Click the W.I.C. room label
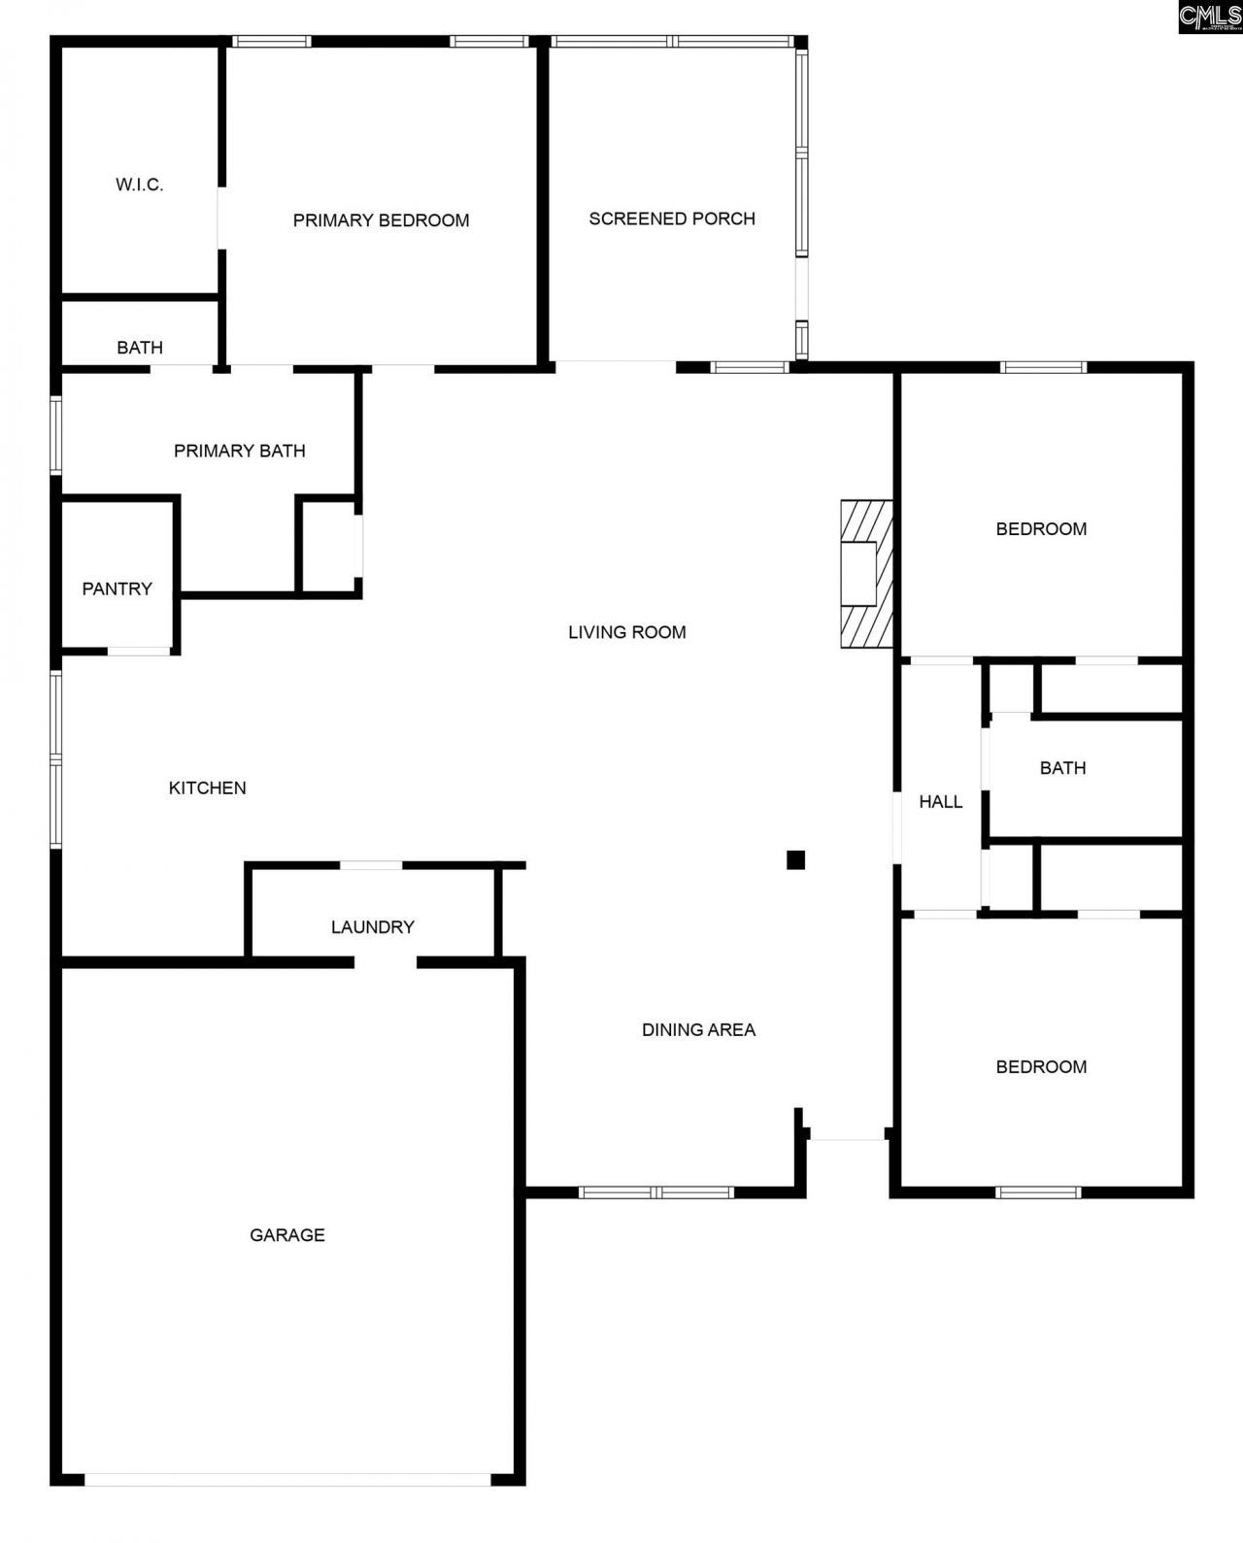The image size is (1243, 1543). [140, 184]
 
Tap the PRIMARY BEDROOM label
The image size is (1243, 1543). [381, 220]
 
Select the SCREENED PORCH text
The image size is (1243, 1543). [672, 218]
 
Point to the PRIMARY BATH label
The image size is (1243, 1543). [240, 451]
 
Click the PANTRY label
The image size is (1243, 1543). [117, 588]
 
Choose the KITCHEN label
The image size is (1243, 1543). [208, 788]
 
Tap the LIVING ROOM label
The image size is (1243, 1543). [627, 632]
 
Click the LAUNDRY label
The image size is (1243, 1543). [373, 926]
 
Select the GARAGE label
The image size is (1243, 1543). [287, 1235]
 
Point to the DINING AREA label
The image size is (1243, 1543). [698, 1029]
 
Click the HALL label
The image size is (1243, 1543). [941, 801]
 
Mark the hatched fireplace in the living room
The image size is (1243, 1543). [866, 574]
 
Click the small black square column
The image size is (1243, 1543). [795, 859]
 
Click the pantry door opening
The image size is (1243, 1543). [139, 651]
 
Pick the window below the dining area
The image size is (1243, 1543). [656, 1192]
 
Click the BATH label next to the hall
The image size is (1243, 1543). [1062, 768]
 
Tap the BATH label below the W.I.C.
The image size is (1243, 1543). [140, 348]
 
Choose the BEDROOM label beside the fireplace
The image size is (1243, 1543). [1041, 529]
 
